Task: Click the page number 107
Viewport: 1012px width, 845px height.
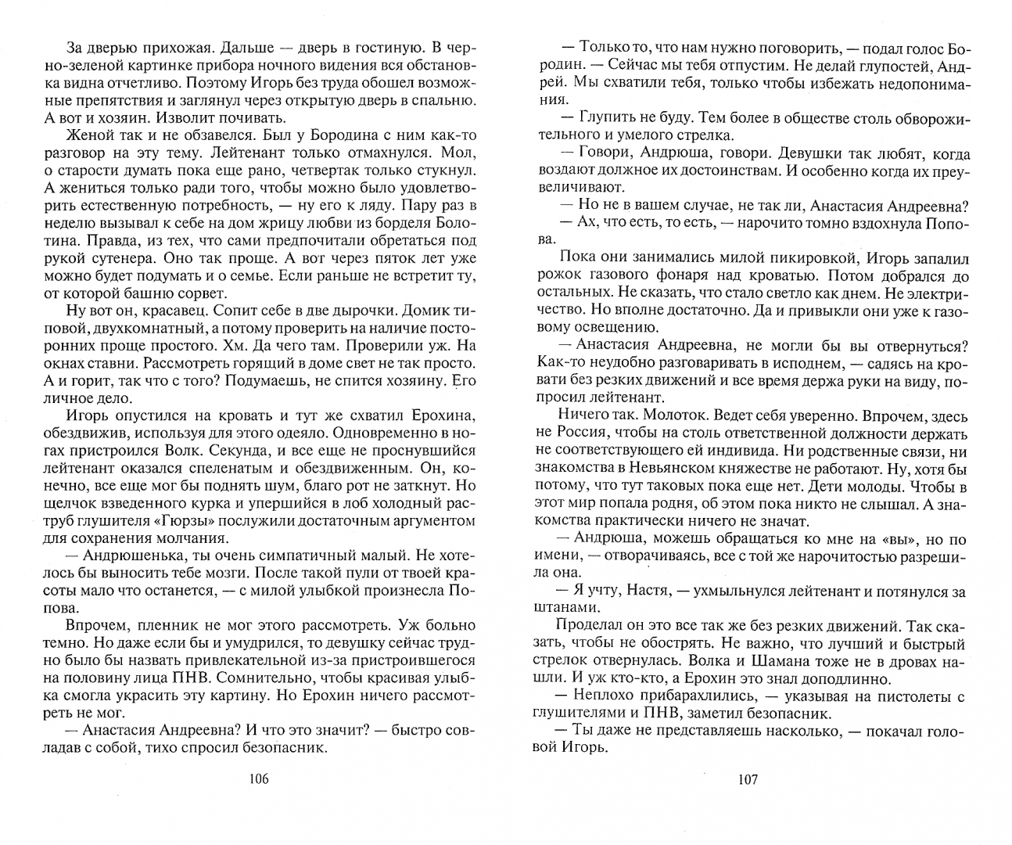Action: [x=747, y=779]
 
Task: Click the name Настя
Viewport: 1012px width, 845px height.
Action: [x=641, y=591]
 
